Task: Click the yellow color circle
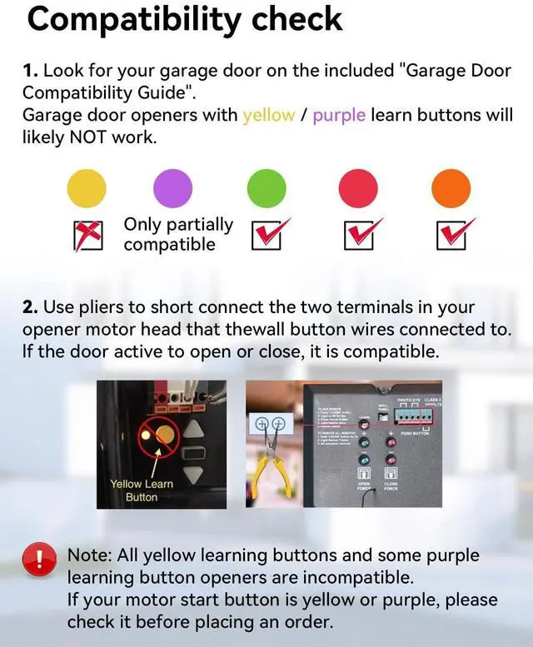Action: pos(87,187)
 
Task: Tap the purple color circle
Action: pos(172,187)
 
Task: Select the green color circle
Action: pos(266,187)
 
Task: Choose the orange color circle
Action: pos(451,187)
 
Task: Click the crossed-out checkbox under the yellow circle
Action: pos(88,236)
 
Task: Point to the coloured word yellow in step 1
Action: pos(268,115)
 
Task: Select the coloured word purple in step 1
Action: pos(339,115)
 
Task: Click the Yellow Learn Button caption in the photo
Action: pos(141,490)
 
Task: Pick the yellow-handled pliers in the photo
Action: pos(271,465)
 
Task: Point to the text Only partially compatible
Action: pos(177,234)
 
